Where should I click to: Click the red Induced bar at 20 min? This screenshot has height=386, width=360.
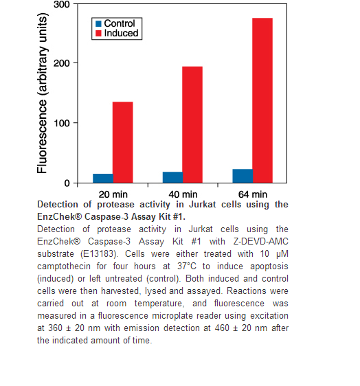122,142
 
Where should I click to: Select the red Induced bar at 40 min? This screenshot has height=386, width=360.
192,124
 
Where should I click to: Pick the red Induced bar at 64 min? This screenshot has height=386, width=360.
262,100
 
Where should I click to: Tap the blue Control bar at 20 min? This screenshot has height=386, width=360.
103,178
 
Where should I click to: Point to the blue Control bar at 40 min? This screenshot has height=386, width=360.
172,177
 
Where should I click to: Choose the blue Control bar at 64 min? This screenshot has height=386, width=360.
243,176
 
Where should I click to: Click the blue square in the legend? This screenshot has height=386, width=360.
98,23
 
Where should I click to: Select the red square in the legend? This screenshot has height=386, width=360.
98,33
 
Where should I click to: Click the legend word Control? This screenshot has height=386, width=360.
120,23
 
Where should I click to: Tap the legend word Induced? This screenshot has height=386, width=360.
121,33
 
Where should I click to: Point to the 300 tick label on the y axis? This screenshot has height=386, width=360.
62,4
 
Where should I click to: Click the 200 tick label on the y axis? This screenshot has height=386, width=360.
62,63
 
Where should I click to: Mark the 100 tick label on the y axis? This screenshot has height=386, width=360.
62,123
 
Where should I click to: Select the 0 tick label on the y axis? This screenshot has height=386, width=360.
67,183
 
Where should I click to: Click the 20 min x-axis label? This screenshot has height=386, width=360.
113,194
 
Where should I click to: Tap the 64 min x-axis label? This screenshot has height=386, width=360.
253,194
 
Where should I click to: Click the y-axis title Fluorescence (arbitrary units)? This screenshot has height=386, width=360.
42,93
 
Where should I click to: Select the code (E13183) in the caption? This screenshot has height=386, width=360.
99,254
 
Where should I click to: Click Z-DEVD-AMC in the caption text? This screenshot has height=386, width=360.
261,242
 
